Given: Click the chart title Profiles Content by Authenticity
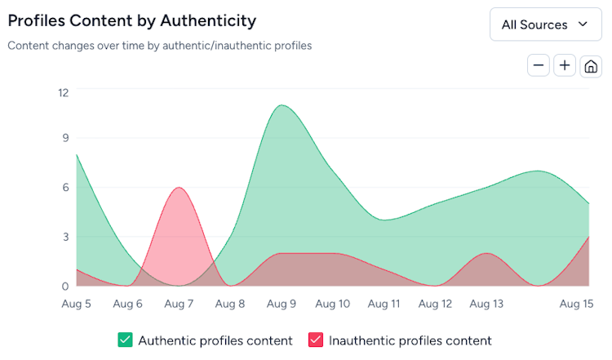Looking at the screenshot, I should (131, 20).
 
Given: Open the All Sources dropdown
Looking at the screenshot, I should (545, 24).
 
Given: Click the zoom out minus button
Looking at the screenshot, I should (539, 65).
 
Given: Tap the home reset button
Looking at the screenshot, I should (591, 66).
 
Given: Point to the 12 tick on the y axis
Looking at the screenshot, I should (63, 92).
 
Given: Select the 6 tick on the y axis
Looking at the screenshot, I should (65, 187).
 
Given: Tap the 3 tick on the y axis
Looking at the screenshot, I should (65, 237).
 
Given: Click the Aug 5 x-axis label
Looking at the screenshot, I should (77, 304).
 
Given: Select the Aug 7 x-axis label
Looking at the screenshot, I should (179, 304).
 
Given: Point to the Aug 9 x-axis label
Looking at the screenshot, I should (282, 304).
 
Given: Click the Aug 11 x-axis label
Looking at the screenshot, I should (384, 304).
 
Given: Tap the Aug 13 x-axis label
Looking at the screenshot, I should (486, 304).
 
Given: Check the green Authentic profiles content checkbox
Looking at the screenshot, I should (125, 340).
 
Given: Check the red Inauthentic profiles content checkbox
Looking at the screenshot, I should (315, 340).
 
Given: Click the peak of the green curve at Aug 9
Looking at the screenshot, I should (282, 105).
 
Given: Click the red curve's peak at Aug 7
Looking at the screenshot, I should (179, 189).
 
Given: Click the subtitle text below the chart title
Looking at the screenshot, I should (160, 46).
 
